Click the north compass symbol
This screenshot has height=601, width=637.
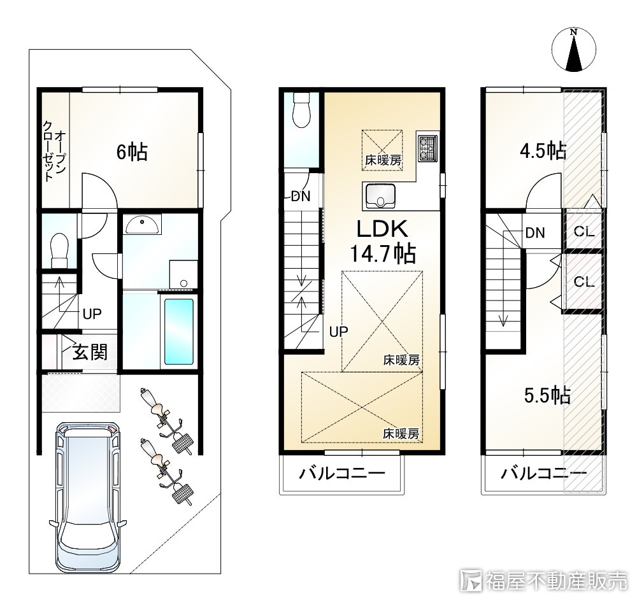pos(574,50)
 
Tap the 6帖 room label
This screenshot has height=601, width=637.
pos(132,152)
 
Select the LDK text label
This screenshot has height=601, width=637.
pos(382,229)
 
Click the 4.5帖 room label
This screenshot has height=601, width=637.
pos(543,151)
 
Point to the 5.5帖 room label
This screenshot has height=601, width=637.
pos(547,395)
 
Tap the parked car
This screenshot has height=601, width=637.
pos(88,497)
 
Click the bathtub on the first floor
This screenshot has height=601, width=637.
pos(179,332)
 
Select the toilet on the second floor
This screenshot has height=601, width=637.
pos(301,109)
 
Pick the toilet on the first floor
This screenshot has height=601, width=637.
pos(60,250)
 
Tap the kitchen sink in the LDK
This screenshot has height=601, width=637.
pos(380,195)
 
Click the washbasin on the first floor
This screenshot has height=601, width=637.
pos(142,225)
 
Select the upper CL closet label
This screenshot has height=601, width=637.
pos(584,232)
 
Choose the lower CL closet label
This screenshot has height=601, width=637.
pos(584,281)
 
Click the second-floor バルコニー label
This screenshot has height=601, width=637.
pos(341,473)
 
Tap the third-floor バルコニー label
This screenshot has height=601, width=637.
pos(543,473)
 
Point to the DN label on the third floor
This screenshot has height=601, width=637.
pos(535,232)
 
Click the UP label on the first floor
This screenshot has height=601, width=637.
pos(92,314)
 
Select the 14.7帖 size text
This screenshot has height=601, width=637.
pos(383,254)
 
